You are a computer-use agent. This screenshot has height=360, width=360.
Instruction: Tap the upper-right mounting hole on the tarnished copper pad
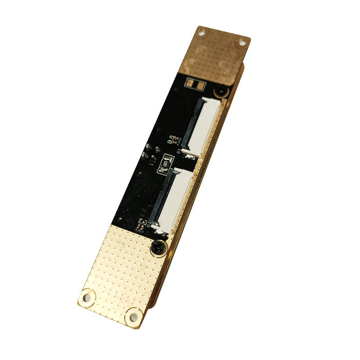click(242, 42)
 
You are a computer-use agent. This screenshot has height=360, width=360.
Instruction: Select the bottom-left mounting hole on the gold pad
click(87, 296)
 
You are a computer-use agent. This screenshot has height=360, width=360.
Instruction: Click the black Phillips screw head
click(158, 247)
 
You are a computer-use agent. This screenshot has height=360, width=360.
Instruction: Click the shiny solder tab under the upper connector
click(189, 156)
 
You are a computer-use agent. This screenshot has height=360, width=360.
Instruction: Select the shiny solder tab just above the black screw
click(160, 232)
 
